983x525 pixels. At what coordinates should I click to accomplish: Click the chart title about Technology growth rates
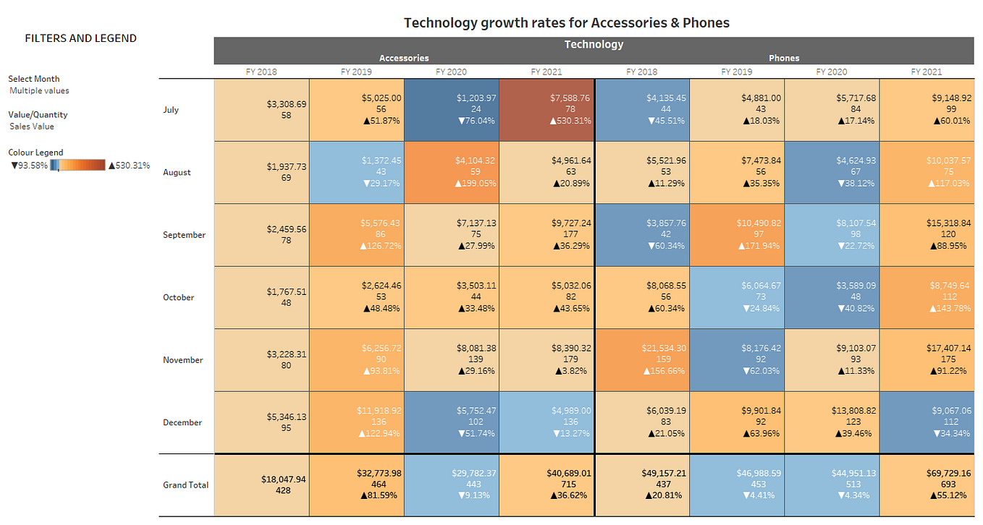pyautogui.click(x=566, y=22)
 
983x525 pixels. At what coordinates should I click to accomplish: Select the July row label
pyautogui.click(x=171, y=110)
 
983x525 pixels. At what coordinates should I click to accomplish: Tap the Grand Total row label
pyautogui.click(x=185, y=485)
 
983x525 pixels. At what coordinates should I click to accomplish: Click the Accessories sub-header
pyautogui.click(x=404, y=58)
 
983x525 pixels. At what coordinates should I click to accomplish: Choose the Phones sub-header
pyautogui.click(x=784, y=58)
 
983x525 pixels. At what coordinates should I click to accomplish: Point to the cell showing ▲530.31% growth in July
pyautogui.click(x=547, y=110)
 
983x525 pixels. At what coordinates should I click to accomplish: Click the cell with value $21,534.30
pyautogui.click(x=641, y=360)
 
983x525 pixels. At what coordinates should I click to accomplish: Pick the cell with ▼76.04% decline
pyautogui.click(x=452, y=110)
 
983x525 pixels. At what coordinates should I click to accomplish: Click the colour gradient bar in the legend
pyautogui.click(x=78, y=165)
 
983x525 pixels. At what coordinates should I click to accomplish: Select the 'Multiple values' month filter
pyautogui.click(x=39, y=91)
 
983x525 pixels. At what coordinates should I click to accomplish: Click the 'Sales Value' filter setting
pyautogui.click(x=32, y=127)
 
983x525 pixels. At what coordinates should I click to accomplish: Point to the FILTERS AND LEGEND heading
pyautogui.click(x=80, y=38)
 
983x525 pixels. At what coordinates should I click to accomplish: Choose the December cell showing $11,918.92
pyautogui.click(x=357, y=422)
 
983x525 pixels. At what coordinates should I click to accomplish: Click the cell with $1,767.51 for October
pyautogui.click(x=261, y=297)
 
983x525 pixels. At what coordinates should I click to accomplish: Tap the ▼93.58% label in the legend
pyautogui.click(x=29, y=166)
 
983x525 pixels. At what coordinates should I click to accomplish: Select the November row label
pyautogui.click(x=183, y=360)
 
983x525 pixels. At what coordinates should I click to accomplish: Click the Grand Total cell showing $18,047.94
pyautogui.click(x=261, y=485)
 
